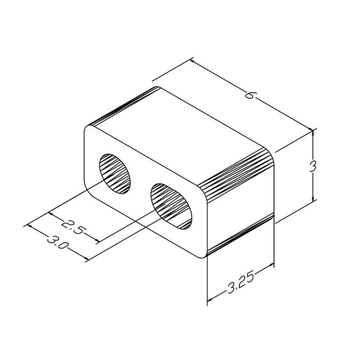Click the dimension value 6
[250, 95]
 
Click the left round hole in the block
[116, 172]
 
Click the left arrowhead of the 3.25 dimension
[209, 299]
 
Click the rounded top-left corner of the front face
[88, 130]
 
